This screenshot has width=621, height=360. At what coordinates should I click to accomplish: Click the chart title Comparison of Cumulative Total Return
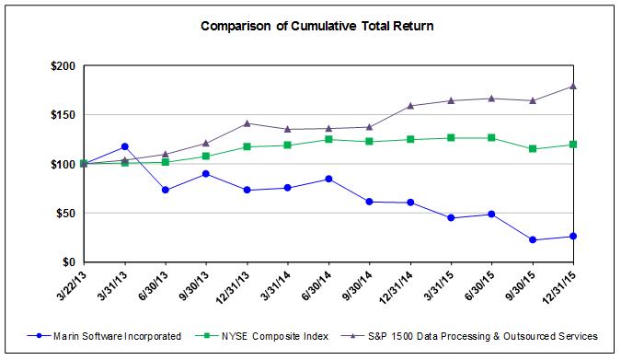click(x=316, y=26)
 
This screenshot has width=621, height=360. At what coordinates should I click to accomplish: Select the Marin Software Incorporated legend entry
click(x=104, y=336)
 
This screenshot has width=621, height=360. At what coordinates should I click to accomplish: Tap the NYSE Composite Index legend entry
click(x=262, y=336)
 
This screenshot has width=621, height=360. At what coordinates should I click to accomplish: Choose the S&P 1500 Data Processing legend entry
click(x=469, y=336)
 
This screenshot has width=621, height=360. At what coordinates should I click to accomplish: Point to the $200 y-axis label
click(x=63, y=65)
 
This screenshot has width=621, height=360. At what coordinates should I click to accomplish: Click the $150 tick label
click(x=63, y=115)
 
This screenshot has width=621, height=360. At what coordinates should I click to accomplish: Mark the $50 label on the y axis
click(x=65, y=214)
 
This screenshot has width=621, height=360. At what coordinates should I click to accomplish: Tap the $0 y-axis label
click(x=68, y=262)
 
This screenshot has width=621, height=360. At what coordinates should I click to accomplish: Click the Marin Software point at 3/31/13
click(x=125, y=146)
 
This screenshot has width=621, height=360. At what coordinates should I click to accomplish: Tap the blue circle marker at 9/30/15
click(x=533, y=240)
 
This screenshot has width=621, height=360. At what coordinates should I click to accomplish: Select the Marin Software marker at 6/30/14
click(x=328, y=179)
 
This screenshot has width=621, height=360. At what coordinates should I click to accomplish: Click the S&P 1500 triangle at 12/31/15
click(x=573, y=86)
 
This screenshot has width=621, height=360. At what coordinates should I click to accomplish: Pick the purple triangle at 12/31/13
click(x=247, y=123)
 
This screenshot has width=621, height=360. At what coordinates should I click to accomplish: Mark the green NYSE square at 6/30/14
click(x=328, y=139)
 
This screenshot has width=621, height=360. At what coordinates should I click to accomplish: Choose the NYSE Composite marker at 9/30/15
click(x=533, y=148)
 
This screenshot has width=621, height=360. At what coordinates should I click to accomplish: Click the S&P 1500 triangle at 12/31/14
click(x=410, y=106)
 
